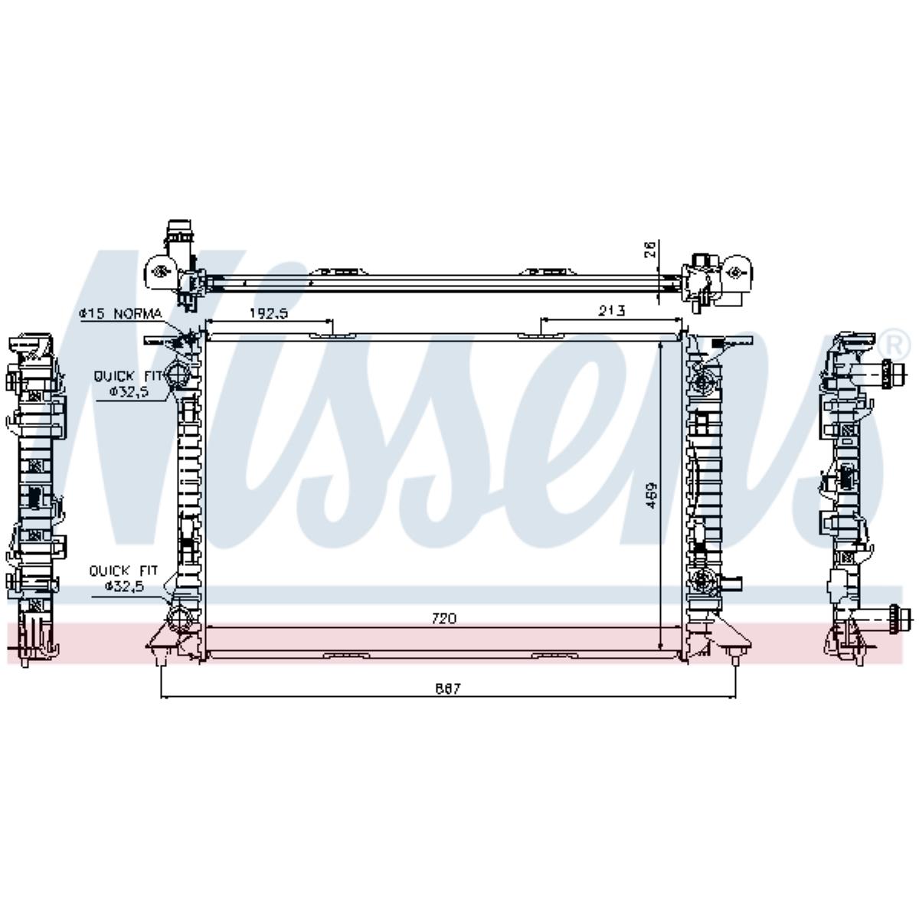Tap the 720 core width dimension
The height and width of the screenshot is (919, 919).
[443, 618]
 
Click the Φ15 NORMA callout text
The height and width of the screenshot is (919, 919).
[120, 313]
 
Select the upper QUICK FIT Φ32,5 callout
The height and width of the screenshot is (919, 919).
[128, 383]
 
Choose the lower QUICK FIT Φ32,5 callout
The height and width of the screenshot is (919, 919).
[123, 578]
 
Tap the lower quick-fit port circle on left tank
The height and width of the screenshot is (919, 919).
[179, 616]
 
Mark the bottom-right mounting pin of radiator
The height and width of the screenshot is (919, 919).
[734, 656]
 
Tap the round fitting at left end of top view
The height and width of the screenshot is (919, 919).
[160, 270]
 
